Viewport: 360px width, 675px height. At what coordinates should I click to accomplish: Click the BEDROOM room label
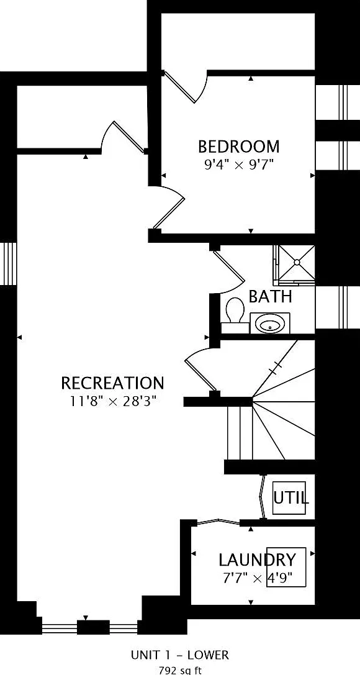coord(239,147)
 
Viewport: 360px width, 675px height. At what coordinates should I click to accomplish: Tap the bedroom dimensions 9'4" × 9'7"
coord(239,165)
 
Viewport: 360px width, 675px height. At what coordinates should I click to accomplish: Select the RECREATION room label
coord(113,383)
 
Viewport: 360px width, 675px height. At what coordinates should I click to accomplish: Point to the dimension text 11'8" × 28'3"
coord(113,402)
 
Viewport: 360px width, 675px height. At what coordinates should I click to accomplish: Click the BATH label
coord(271,297)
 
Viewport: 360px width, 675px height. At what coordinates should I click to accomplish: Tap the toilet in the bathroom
coord(235,310)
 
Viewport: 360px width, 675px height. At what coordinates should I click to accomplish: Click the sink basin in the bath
coord(269,324)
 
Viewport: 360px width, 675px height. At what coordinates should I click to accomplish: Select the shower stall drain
coord(297,262)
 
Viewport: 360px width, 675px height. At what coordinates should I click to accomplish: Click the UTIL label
coord(291,498)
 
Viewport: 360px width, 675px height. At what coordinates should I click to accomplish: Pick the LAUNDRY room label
coord(257,560)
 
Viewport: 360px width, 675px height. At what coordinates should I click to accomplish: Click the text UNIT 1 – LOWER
coord(180,655)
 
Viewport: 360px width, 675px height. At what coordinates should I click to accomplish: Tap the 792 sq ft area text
coord(180,670)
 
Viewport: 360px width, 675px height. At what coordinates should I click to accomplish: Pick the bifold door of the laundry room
coord(218,522)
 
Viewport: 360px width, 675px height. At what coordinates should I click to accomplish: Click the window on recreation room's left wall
coord(8,263)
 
